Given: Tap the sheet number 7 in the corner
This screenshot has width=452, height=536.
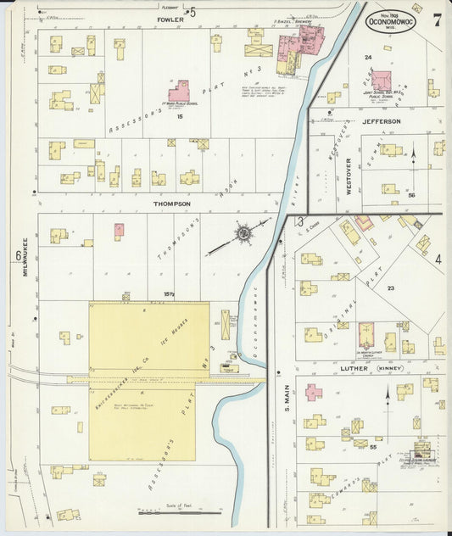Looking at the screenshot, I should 437,19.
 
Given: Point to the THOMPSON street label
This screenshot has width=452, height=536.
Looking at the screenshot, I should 171,204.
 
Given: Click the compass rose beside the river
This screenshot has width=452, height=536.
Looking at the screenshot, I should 243,232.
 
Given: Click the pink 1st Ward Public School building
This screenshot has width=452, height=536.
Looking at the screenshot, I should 179,91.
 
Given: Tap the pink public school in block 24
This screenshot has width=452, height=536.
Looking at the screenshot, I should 381,81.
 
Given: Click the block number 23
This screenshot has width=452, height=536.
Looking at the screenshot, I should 391,288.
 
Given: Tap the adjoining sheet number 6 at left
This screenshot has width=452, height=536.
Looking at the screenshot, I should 17,255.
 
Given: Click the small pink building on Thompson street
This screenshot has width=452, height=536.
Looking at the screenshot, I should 119,230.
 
